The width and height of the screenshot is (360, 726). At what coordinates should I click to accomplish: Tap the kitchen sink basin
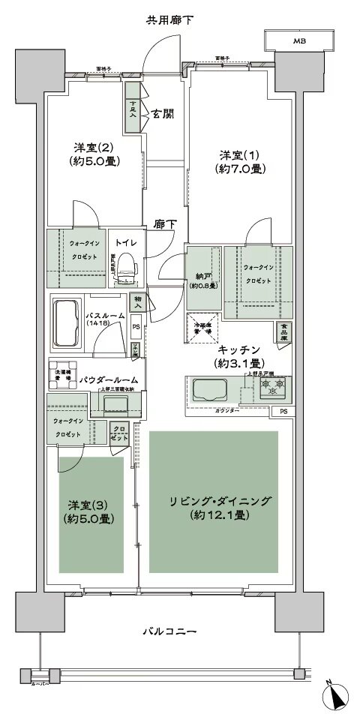[x=208, y=390]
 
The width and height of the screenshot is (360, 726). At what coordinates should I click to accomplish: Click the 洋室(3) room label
[x=85, y=511]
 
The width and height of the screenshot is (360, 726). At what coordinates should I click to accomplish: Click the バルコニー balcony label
[x=169, y=632]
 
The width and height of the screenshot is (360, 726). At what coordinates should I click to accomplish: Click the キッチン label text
[x=238, y=356]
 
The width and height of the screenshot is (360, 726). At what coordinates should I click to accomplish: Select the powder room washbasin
[x=116, y=405]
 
